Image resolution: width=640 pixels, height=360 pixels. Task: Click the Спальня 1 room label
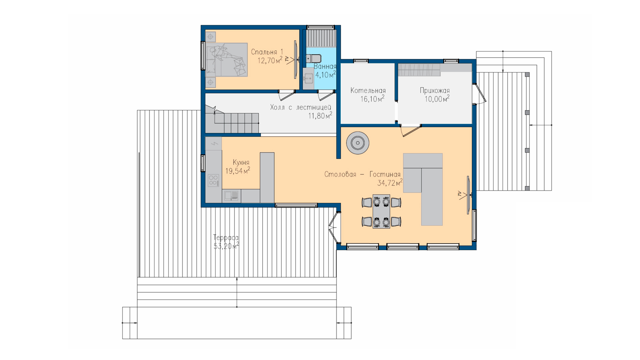(267, 52)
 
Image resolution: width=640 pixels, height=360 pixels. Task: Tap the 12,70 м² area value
(270, 60)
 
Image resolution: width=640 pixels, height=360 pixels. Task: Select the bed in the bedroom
(227, 60)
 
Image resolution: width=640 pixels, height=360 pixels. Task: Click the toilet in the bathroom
(314, 59)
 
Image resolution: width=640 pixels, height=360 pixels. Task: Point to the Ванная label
(325, 66)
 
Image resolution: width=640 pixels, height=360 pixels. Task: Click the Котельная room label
(368, 90)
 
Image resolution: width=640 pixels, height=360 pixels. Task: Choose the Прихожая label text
(435, 90)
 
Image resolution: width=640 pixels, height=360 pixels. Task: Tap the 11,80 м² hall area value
(320, 116)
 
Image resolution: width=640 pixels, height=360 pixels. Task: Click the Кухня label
(241, 162)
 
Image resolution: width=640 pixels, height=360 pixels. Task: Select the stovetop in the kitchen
(213, 180)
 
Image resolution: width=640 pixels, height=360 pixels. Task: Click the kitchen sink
(231, 195)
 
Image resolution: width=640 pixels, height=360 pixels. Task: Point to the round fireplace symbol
(358, 143)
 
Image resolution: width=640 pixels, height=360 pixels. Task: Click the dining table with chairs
(381, 212)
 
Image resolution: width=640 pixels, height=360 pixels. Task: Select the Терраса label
(226, 238)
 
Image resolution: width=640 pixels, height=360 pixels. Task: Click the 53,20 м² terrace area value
(226, 246)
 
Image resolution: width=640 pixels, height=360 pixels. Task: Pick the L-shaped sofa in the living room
(423, 189)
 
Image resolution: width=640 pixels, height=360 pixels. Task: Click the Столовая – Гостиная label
(362, 174)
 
